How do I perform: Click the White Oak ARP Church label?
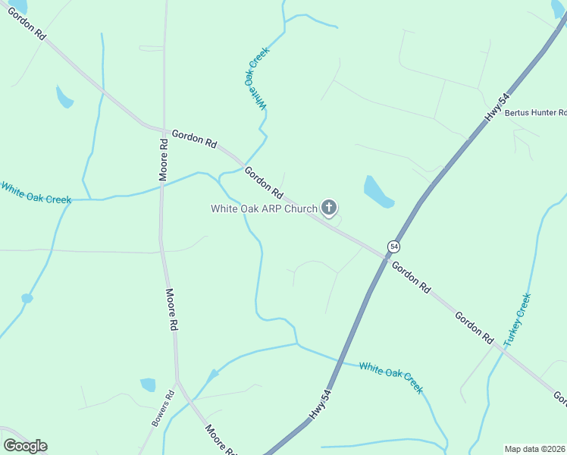pyautogui.click(x=263, y=209)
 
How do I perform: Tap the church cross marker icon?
pyautogui.click(x=329, y=207)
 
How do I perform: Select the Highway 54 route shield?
pyautogui.click(x=393, y=246)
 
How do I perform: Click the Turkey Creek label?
pyautogui.click(x=518, y=320)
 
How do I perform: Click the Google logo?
pyautogui.click(x=25, y=445)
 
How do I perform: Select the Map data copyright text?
pyautogui.click(x=535, y=449)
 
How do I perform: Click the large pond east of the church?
pyautogui.click(x=377, y=192)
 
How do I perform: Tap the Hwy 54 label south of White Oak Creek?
pyautogui.click(x=321, y=404)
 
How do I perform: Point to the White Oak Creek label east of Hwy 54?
pyautogui.click(x=391, y=377)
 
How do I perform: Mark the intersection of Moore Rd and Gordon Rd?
pyautogui.click(x=163, y=130)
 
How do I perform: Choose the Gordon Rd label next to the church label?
pyautogui.click(x=264, y=184)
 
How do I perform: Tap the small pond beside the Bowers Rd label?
pyautogui.click(x=148, y=384)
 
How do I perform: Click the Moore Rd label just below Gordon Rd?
pyautogui.click(x=163, y=158)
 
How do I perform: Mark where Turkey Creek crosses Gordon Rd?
pyautogui.click(x=500, y=348)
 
